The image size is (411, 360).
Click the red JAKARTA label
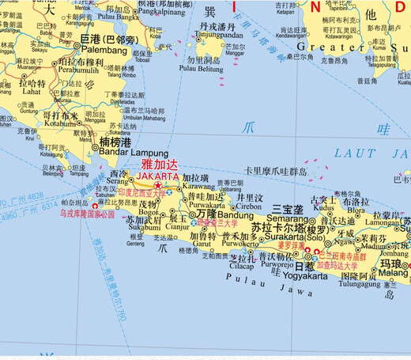tap(157, 176)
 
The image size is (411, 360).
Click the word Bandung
tap(236, 215)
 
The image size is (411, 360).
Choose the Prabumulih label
tap(79, 70)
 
